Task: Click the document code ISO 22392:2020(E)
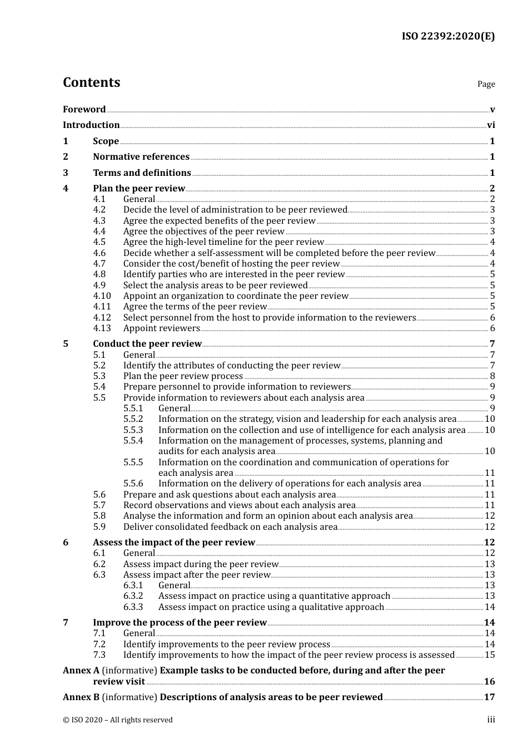(448, 36)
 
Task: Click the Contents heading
(91, 82)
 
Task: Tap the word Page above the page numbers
(486, 84)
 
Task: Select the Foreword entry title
(84, 110)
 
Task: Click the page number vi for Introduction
(491, 125)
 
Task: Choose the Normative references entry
(141, 157)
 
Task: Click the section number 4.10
(102, 296)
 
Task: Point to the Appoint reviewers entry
(161, 328)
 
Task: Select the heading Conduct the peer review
(147, 344)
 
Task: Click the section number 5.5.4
(133, 441)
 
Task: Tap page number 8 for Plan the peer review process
(492, 376)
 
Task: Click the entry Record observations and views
(239, 505)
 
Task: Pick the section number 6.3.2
(133, 596)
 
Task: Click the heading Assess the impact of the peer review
(174, 543)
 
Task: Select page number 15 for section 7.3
(490, 655)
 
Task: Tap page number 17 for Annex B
(490, 697)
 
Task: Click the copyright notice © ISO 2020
(117, 720)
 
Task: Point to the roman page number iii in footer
(491, 720)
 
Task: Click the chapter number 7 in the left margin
(66, 623)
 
